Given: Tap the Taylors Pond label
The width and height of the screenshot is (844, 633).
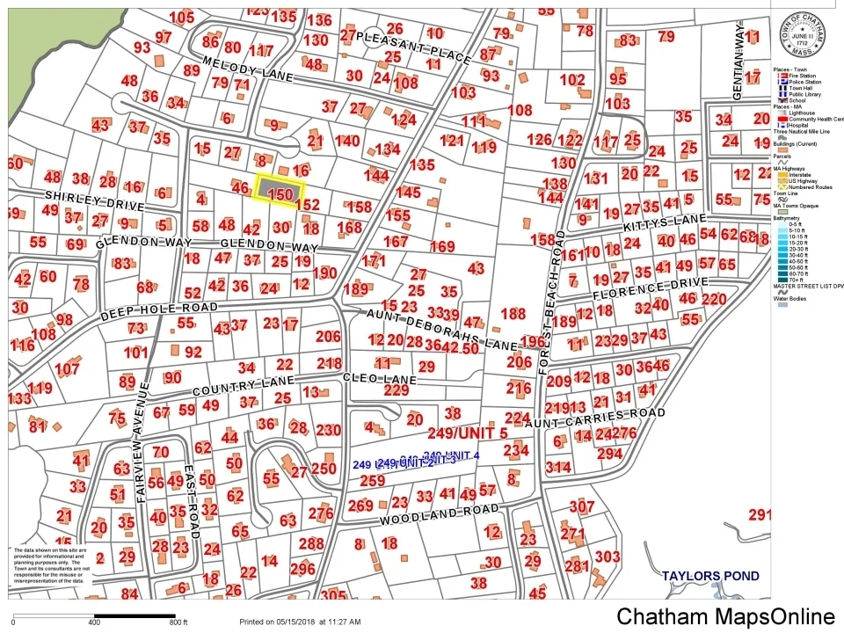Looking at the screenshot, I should (x=710, y=576).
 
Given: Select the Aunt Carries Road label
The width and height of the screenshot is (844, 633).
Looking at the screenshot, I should (x=608, y=418).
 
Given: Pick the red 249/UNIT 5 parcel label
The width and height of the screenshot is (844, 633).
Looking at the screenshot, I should (x=467, y=433).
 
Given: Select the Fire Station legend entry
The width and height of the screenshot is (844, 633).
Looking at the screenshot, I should (x=800, y=76).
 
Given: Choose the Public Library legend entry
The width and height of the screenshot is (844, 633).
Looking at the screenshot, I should (x=802, y=94).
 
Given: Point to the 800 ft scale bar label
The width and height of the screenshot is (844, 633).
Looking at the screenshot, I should (x=178, y=622).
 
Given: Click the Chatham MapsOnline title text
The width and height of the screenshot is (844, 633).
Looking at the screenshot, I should (x=724, y=617).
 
